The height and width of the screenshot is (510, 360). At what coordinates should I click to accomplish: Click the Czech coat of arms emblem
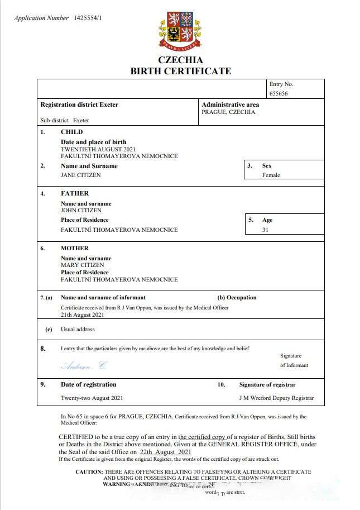click(x=180, y=30)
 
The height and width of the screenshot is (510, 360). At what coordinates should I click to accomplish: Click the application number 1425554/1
click(x=88, y=18)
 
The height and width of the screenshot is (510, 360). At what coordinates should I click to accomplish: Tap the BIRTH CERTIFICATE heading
click(x=180, y=71)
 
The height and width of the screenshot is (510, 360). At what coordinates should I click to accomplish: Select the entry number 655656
click(x=279, y=94)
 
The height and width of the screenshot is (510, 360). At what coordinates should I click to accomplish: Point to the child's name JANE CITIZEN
click(x=81, y=175)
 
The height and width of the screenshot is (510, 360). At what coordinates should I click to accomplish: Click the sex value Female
click(x=271, y=175)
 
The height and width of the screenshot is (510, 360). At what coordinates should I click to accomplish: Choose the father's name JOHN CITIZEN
click(x=81, y=211)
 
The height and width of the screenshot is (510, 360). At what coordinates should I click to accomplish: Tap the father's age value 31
click(x=265, y=230)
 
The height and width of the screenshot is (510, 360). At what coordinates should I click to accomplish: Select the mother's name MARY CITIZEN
click(x=82, y=265)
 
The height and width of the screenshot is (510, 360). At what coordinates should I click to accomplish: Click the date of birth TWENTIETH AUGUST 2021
click(x=98, y=149)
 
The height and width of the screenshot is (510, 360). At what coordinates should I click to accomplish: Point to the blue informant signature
click(x=83, y=366)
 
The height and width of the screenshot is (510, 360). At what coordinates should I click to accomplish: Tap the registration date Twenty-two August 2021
click(x=92, y=398)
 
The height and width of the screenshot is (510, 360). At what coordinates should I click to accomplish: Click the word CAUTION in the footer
click(x=89, y=472)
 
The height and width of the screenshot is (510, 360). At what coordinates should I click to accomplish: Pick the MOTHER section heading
click(x=74, y=248)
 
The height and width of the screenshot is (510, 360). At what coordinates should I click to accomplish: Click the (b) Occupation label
click(x=237, y=298)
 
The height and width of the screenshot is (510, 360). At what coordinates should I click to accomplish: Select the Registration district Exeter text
click(x=79, y=104)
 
